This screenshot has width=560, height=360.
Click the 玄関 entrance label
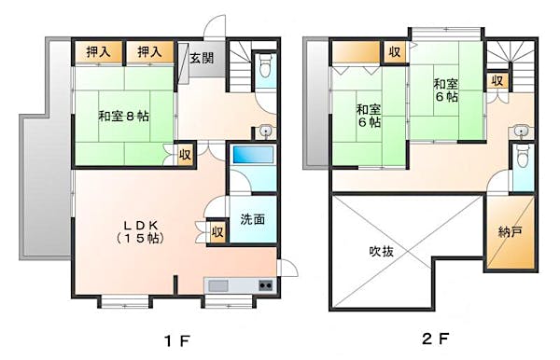tap(202, 58)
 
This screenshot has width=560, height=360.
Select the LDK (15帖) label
tap(143, 231)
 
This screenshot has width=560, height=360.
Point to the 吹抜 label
tap(382, 251)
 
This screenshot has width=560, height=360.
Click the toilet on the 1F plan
tap(265, 67)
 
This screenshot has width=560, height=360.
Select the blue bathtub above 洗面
tap(252, 156)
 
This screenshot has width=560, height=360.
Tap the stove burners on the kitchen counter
tap(264, 284)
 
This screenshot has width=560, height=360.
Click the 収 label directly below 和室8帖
tap(185, 155)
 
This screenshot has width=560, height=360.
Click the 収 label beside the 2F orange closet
tap(395, 52)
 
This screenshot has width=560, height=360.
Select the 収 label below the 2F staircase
tap(497, 81)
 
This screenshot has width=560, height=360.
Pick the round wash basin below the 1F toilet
tap(265, 131)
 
